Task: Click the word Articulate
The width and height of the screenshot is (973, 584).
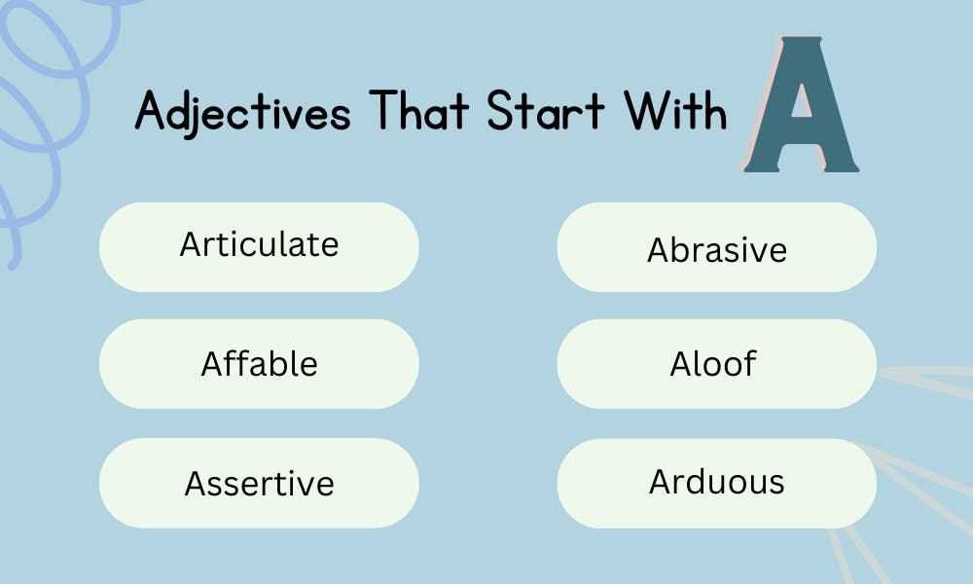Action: tap(259, 244)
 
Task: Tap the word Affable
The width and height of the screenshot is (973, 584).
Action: tap(259, 364)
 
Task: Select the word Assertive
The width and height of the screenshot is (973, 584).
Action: tap(259, 483)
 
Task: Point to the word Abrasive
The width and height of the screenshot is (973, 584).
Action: tap(716, 250)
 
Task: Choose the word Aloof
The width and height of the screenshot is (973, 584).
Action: tap(713, 364)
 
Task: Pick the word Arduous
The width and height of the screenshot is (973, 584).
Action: tap(716, 482)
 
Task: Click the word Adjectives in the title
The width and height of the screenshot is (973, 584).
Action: tap(242, 113)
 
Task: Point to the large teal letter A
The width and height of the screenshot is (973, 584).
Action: tap(800, 107)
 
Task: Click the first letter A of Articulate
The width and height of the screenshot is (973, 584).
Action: tap(191, 244)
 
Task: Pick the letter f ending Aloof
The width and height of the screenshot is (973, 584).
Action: tap(749, 363)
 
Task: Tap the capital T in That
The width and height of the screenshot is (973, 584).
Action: tap(383, 112)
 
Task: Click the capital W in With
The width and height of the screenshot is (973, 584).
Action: tap(646, 112)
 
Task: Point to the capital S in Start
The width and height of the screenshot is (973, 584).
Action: tap(499, 112)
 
